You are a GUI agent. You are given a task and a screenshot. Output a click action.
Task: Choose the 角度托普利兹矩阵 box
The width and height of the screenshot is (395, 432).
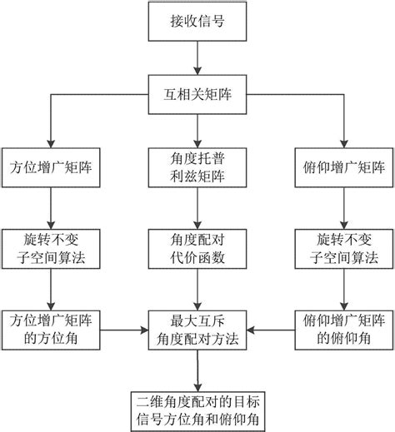pyautogui.click(x=197, y=166)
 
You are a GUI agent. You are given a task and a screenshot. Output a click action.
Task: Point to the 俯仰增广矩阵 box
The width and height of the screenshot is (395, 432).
pyautogui.click(x=342, y=166)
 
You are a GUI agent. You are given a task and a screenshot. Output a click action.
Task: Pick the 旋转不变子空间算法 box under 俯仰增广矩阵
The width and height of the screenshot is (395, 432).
pyautogui.click(x=342, y=247)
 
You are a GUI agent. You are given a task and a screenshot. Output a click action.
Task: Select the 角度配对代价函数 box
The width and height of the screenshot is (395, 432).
pyautogui.click(x=197, y=247)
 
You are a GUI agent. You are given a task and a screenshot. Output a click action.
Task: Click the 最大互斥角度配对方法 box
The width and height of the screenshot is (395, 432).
pyautogui.click(x=197, y=327)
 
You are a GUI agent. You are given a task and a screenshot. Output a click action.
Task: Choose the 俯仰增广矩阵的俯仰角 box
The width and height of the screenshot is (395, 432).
pyautogui.click(x=342, y=327)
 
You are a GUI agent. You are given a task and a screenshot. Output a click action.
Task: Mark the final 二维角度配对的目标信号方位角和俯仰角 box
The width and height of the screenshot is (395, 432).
pyautogui.click(x=197, y=407)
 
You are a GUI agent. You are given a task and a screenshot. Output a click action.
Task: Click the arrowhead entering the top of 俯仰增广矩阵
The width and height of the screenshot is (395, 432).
pyautogui.click(x=342, y=142)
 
